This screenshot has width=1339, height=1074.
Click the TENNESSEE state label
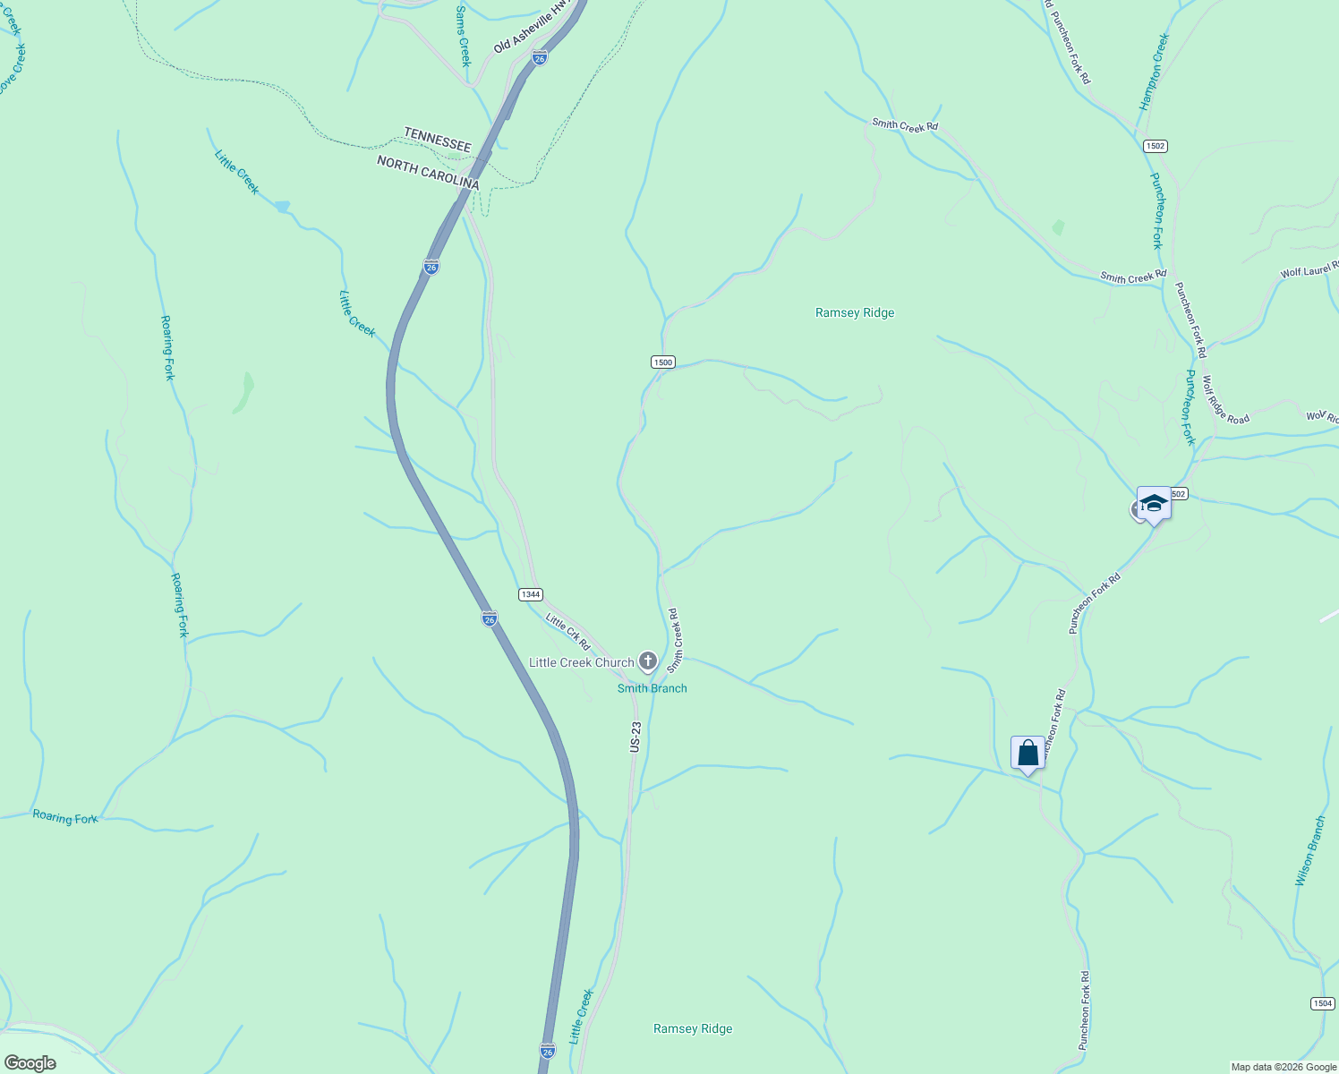coord(437,140)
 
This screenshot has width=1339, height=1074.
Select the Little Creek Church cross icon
coord(648,662)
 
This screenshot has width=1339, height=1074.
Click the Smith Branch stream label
coord(652,688)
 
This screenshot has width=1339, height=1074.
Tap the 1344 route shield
coord(531,594)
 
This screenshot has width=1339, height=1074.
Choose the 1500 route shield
coord(662,362)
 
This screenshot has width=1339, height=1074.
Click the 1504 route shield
coord(1323,1003)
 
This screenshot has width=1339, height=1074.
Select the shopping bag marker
coord(1028,753)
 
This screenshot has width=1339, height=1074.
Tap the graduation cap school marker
coord(1154,504)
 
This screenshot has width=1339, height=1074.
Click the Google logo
coord(30,1063)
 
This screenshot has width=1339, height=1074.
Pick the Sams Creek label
coord(463,36)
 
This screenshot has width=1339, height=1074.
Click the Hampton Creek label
coord(1155,72)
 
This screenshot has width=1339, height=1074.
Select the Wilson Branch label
coord(1309,851)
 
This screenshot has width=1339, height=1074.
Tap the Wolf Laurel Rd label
coord(1309,270)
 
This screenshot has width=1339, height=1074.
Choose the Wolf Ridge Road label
coord(1225,399)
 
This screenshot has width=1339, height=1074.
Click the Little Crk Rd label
coord(568,632)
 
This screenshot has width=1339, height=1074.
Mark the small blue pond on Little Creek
coord(282,207)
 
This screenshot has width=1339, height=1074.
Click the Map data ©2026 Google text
coord(1284,1067)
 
